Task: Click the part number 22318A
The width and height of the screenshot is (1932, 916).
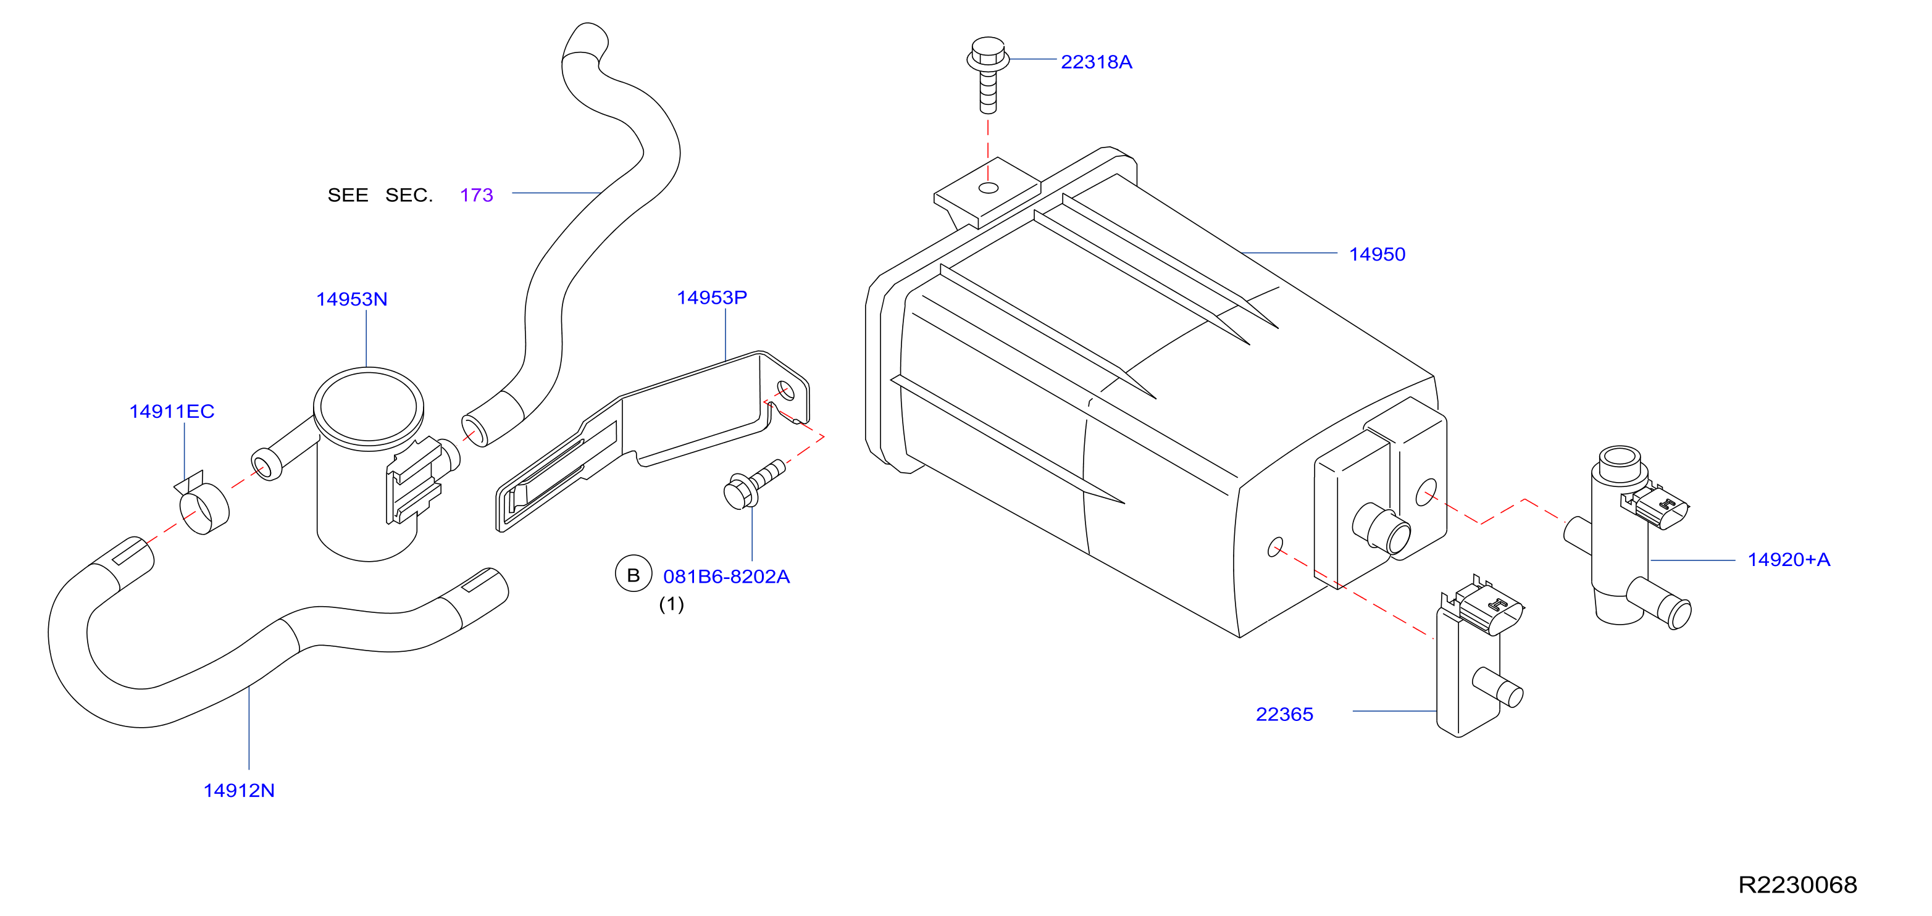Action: (1096, 62)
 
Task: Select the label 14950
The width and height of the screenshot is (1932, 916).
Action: (1377, 254)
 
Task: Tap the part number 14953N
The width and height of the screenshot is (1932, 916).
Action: (352, 299)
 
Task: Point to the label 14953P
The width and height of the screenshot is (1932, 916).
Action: (712, 298)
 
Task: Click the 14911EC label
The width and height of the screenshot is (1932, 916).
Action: (172, 412)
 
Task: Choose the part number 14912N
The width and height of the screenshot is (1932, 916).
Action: (239, 790)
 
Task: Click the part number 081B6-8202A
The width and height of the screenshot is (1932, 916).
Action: (726, 577)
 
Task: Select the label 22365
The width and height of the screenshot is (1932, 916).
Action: (1284, 714)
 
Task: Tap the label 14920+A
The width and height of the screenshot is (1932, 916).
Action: (1789, 559)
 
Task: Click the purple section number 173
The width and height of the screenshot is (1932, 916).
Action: (476, 195)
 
